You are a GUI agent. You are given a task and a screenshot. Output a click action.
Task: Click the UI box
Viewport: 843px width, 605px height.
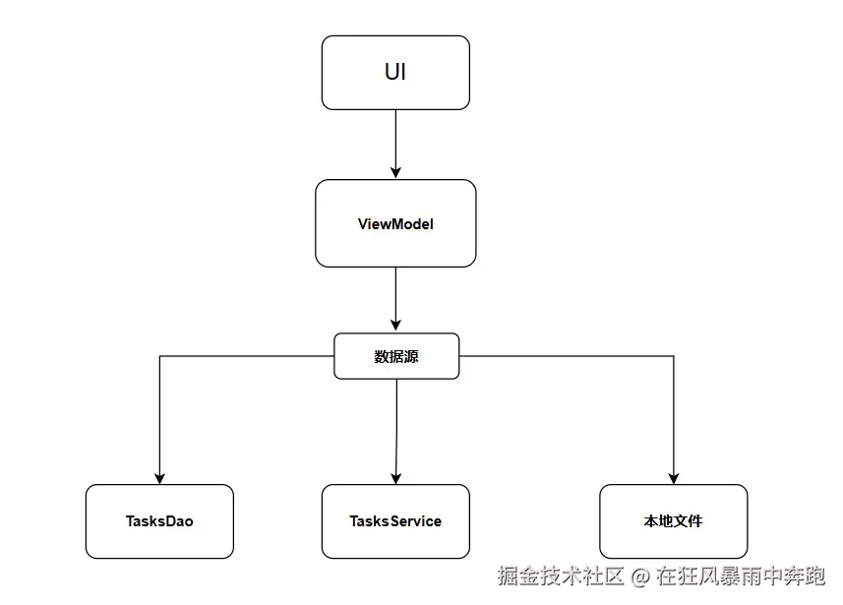pos(395,73)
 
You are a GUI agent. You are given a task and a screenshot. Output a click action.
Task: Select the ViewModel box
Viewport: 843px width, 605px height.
pos(395,223)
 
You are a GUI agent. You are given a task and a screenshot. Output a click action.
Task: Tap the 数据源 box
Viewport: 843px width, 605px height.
pos(396,356)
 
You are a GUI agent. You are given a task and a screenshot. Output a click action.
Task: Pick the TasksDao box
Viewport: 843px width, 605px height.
pos(159,521)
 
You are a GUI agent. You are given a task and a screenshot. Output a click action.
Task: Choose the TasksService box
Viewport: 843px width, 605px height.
pos(395,521)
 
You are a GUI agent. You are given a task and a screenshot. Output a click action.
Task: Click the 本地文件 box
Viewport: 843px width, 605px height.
pos(673,521)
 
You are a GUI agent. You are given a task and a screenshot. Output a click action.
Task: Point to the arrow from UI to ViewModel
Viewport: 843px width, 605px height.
pos(395,143)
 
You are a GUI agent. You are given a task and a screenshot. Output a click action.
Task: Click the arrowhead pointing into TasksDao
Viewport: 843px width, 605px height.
pos(159,477)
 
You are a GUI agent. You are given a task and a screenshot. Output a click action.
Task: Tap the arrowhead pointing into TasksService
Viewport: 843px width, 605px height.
pos(395,477)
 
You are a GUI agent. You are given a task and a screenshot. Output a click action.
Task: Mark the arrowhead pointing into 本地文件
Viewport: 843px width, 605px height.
pos(674,477)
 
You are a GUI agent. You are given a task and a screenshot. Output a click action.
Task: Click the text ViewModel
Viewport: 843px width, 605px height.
pos(395,223)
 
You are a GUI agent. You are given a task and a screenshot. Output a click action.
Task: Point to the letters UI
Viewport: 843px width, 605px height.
pos(395,72)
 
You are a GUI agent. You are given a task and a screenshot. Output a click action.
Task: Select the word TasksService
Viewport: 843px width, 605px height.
pos(395,521)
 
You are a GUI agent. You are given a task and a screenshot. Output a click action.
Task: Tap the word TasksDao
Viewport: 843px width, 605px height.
pos(159,521)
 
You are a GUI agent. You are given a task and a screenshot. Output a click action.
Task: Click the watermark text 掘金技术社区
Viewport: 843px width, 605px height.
pos(561,575)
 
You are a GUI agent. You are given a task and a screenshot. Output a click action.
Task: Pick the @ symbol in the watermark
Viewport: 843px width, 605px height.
pos(640,575)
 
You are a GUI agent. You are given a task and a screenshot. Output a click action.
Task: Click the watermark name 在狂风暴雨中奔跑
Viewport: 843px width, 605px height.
pos(741,575)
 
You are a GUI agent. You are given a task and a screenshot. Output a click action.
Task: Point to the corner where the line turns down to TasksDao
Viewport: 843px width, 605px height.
pos(159,356)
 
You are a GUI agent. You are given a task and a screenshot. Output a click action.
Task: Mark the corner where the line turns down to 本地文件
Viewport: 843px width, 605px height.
pos(674,356)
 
